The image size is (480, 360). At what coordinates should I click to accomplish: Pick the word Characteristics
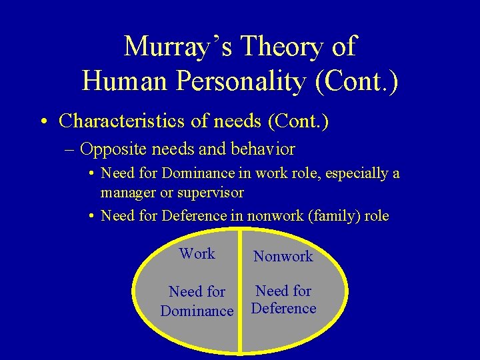125,121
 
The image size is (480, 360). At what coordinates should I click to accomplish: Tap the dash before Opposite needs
71,148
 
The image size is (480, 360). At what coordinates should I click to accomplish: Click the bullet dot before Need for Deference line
90,216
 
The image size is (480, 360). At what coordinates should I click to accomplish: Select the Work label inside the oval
197,253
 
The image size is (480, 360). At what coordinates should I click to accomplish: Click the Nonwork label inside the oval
283,256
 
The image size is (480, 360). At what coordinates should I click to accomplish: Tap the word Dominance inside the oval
197,311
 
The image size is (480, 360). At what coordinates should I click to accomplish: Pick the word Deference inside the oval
283,308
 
